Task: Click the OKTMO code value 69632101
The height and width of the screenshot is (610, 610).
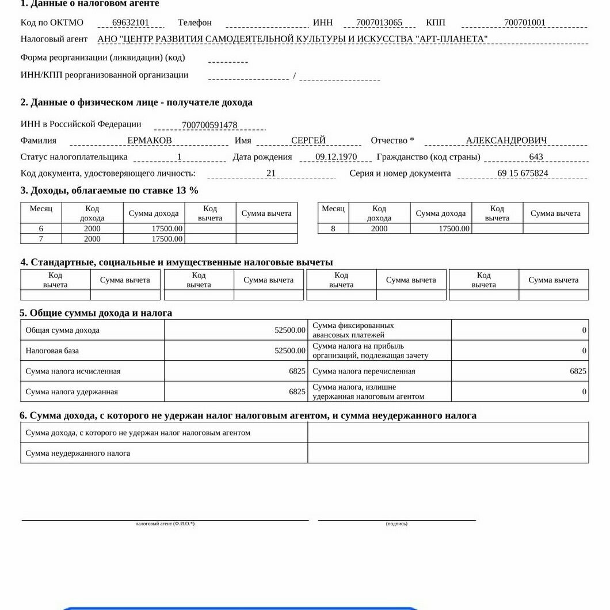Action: coord(131,23)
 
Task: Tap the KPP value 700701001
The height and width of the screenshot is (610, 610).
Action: coord(524,23)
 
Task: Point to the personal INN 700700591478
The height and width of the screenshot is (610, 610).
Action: coord(209,125)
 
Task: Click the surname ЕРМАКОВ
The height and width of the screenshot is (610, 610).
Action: coord(150,140)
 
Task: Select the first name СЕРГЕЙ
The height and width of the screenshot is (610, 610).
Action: coord(308,140)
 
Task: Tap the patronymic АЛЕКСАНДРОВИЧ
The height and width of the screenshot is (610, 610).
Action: coord(506,140)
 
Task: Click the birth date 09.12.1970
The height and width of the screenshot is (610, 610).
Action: coord(336,157)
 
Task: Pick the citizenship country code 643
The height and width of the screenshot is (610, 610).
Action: coord(536,157)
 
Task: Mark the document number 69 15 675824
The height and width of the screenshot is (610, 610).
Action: coord(523,173)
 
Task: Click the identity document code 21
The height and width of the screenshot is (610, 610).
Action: coord(271,173)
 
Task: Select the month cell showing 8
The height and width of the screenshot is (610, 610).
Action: coord(333,229)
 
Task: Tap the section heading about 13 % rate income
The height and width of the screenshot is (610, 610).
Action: coord(109,190)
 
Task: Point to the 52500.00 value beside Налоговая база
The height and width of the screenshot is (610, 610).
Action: coord(290,350)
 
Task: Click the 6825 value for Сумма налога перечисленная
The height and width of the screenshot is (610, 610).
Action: coord(578,371)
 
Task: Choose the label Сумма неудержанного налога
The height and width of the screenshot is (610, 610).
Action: coord(78,453)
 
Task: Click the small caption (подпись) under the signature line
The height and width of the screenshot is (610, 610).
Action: coord(396,524)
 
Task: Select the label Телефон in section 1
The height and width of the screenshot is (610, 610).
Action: coord(195,23)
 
